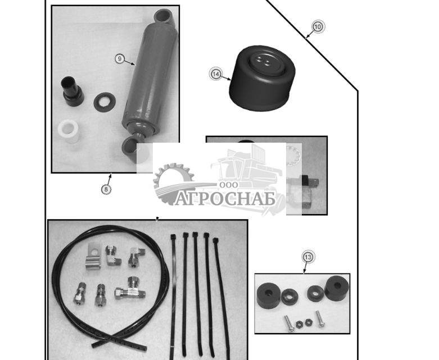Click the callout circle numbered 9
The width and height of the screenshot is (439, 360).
point(120,59)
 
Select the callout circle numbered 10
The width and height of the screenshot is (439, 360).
point(318,27)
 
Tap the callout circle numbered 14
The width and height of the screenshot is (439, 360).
point(216,74)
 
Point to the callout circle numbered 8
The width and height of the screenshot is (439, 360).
point(106,189)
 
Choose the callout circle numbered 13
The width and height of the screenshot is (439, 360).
point(308,257)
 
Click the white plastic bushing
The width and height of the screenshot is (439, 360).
point(69,131)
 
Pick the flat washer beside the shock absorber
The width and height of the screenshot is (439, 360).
point(105,102)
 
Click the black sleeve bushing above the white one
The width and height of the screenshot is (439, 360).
point(72,90)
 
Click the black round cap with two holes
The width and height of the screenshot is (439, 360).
point(262,78)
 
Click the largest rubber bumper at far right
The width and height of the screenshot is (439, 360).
point(337,288)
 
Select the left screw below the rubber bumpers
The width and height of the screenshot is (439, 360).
point(289,323)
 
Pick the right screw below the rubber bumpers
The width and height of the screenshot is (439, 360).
point(319,319)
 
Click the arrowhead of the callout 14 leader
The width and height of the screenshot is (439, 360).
point(229,79)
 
